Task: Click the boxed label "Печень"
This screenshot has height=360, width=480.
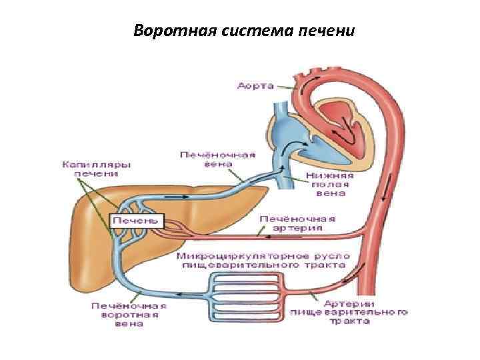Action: click(x=136, y=219)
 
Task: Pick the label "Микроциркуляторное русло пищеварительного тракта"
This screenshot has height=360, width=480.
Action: click(x=261, y=261)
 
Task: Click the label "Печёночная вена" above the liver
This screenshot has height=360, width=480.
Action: click(x=217, y=159)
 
